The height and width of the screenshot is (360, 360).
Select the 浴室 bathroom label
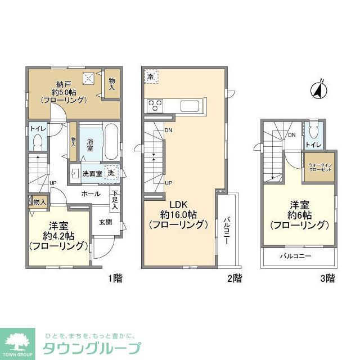coord(90,143)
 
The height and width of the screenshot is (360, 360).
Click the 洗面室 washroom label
coord(92,174)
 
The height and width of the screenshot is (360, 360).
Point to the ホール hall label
coord(91,193)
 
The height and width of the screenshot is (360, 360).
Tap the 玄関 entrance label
coord(105,222)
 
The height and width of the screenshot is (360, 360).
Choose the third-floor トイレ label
coord(313,145)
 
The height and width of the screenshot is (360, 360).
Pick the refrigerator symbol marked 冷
coord(151,75)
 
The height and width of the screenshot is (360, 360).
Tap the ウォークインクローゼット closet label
coord(319,169)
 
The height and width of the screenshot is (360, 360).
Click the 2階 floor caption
coord(235,277)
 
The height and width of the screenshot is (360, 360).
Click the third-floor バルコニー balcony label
coord(296,256)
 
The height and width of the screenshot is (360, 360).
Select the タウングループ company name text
coord(92,347)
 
